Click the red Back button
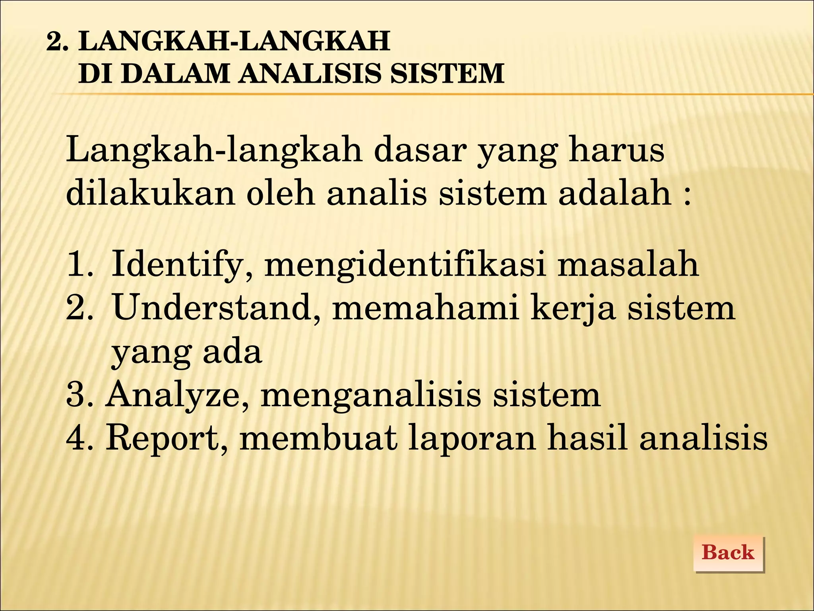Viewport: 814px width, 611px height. coord(728,553)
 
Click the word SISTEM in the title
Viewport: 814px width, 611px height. coord(447,74)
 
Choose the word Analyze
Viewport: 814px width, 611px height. coord(178,395)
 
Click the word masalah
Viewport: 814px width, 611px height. coord(628,264)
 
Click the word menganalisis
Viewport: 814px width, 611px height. coord(370,395)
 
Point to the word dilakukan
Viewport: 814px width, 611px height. coord(151,194)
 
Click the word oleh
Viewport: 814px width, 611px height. coord(281,194)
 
